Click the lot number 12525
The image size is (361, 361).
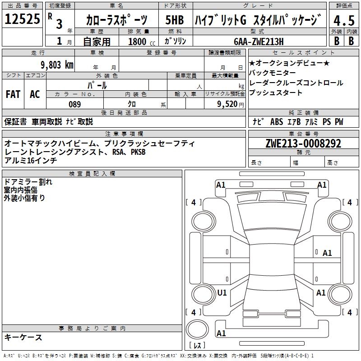pyautogui.click(x=22, y=19)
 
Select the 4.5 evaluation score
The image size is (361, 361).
pyautogui.click(x=343, y=20)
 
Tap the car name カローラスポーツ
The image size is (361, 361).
pyautogui.click(x=116, y=20)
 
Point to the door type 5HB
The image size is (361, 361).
pyautogui.click(x=175, y=20)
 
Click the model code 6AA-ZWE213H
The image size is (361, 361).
pyautogui.click(x=259, y=42)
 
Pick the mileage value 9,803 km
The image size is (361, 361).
pyautogui.click(x=56, y=65)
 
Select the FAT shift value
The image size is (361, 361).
pyautogui.click(x=13, y=94)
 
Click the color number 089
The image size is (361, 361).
pyautogui.click(x=75, y=104)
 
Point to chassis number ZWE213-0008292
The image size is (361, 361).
pyautogui.click(x=303, y=143)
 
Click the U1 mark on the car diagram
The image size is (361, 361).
pyautogui.click(x=222, y=293)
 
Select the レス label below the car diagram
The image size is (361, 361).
pyautogui.click(x=197, y=346)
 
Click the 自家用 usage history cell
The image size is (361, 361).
pyautogui.click(x=97, y=42)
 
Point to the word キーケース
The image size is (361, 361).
pyautogui.click(x=23, y=338)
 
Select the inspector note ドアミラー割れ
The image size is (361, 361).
pyautogui.click(x=28, y=182)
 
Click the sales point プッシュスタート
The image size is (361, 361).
pyautogui.click(x=276, y=93)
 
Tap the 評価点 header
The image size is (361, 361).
pyautogui.click(x=344, y=5)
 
